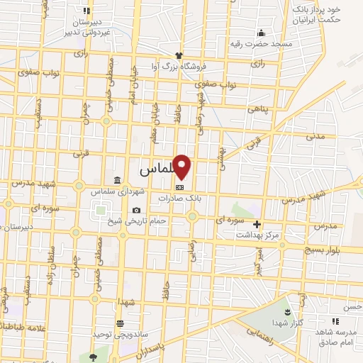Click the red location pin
pyautogui.click(x=182, y=167)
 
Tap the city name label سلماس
pyautogui.click(x=156, y=171)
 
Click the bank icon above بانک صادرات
pyautogui.click(x=180, y=188)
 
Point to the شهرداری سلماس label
pyautogui.click(x=117, y=191)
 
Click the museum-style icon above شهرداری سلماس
pyautogui.click(x=117, y=180)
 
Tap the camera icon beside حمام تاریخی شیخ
pyautogui.click(x=136, y=211)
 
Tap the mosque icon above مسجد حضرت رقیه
pyautogui.click(x=261, y=32)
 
